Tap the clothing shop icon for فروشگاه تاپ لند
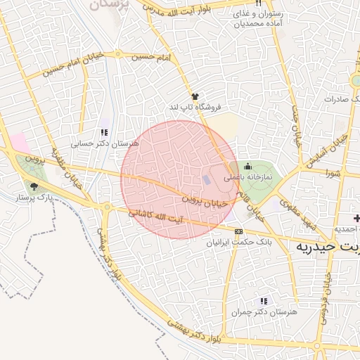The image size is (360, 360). coord(195,96)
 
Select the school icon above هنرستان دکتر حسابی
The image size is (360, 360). coord(105,132)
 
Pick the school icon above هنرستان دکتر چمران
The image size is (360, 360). coord(264,301)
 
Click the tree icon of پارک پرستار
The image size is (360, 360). coord(34,186)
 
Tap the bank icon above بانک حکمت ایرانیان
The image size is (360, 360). coord(238,231)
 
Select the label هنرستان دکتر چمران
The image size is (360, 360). coord(264,311)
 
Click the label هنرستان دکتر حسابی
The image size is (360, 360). coord(105,143)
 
